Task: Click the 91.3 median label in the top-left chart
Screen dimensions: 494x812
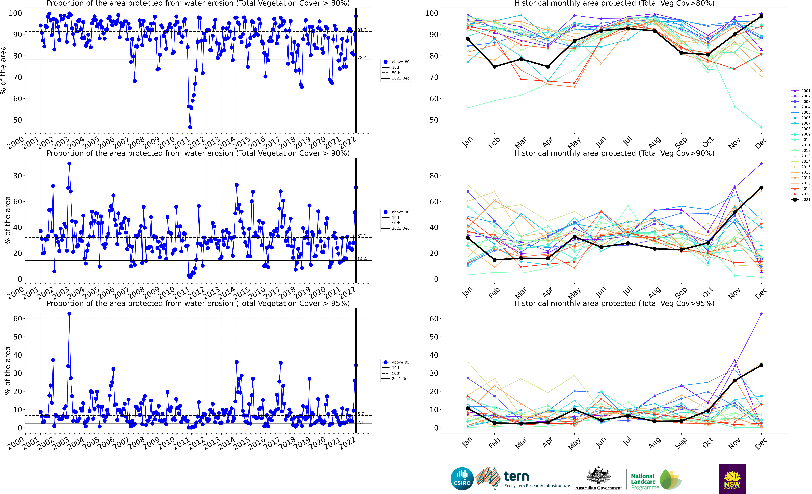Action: pyautogui.click(x=362, y=30)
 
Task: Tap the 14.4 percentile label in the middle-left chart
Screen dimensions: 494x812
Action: pyautogui.click(x=362, y=259)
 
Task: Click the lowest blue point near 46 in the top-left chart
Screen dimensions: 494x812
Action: pyautogui.click(x=190, y=127)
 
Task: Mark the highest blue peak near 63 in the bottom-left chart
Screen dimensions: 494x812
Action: pyautogui.click(x=69, y=314)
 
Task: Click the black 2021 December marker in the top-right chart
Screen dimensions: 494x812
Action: pyautogui.click(x=761, y=16)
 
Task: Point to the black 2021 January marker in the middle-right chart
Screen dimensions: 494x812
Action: pyautogui.click(x=468, y=238)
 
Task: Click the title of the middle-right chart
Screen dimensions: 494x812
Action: pyautogui.click(x=614, y=153)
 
